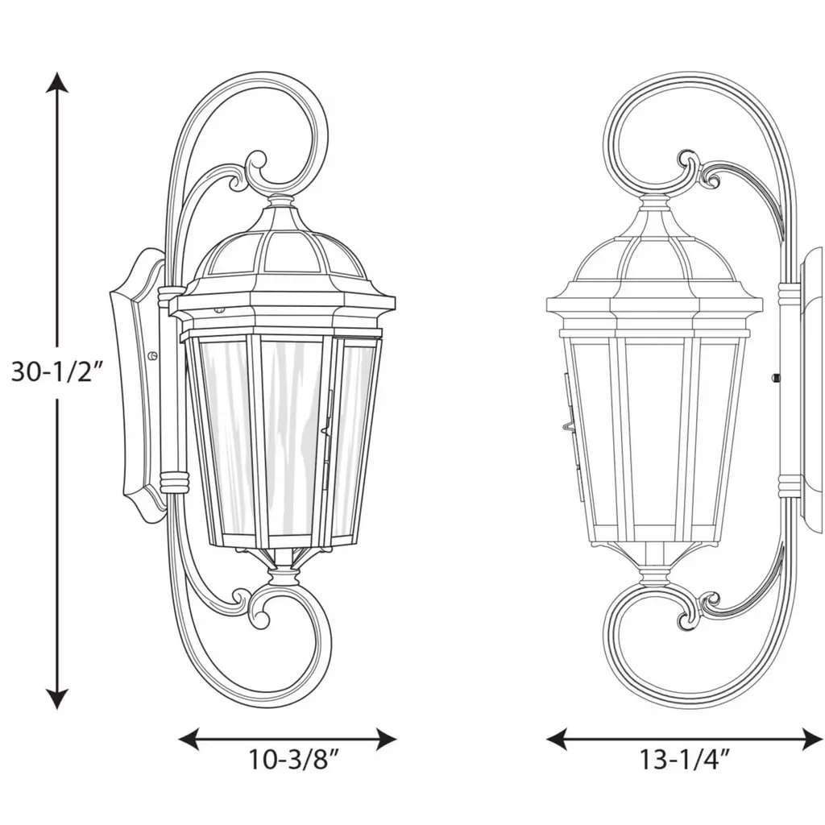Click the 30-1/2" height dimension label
click(x=55, y=372)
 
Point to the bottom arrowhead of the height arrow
click(x=57, y=698)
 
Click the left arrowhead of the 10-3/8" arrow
click(x=189, y=740)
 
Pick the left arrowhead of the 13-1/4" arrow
click(x=558, y=740)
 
